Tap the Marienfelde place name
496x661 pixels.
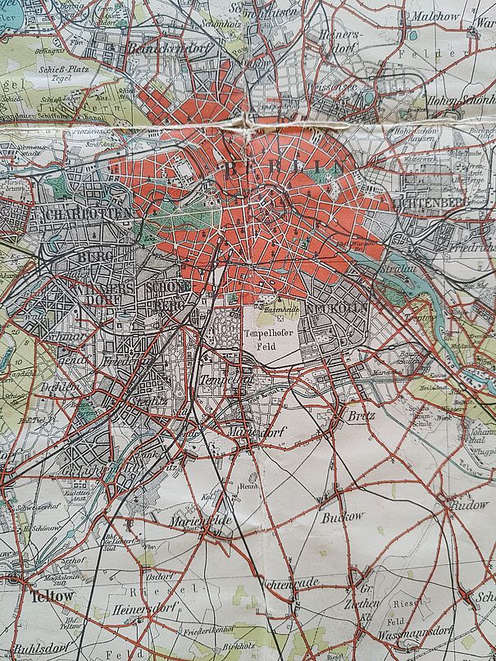[201, 521]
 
